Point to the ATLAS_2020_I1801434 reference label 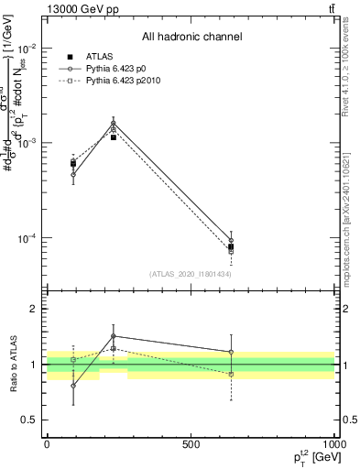pos(191,274)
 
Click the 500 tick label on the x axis pos(190,443)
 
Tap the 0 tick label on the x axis pos(47,443)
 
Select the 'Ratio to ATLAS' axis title pos(14,364)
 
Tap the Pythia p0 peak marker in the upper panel pos(114,123)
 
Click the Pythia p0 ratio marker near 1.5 pos(114,336)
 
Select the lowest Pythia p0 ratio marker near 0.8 pos(73,386)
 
